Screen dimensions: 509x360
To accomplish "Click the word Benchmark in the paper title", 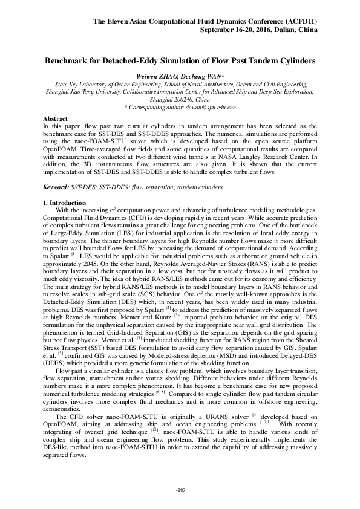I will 68,62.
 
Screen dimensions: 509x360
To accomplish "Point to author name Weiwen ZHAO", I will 156,77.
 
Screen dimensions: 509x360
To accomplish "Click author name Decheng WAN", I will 199,77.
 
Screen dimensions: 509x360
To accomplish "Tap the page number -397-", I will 180,489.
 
